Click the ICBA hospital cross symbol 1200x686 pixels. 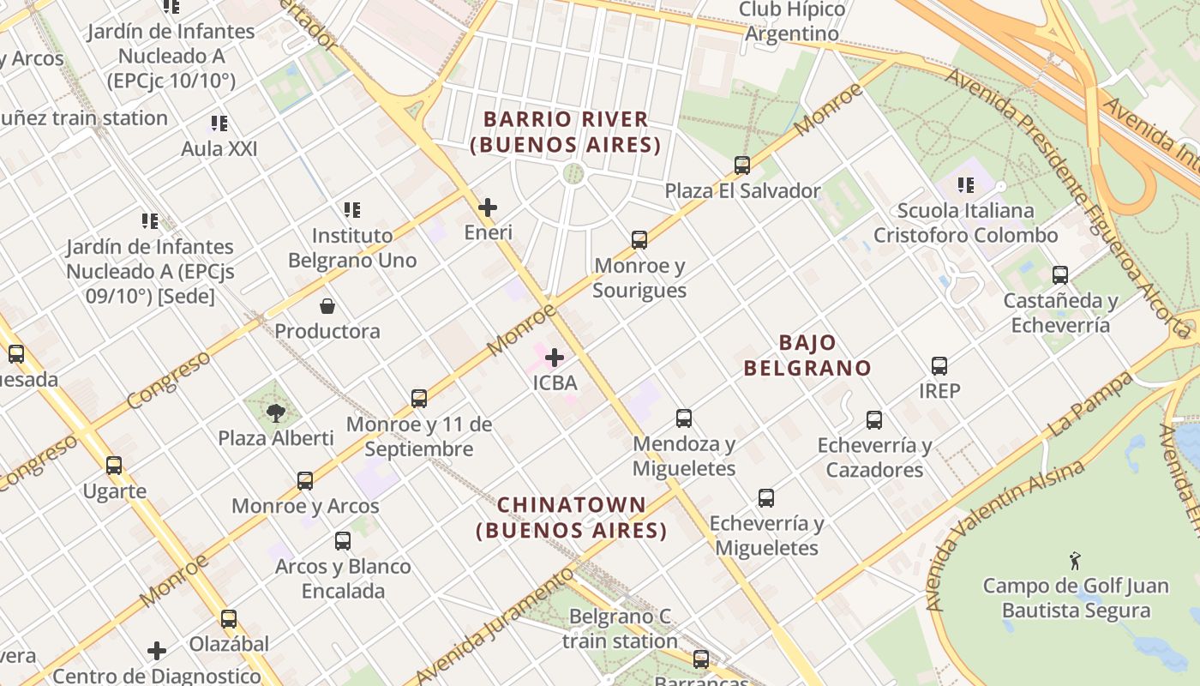(x=555, y=357)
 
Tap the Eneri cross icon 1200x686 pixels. (x=488, y=207)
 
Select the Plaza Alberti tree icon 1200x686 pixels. (x=275, y=413)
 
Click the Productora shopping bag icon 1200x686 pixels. (x=327, y=306)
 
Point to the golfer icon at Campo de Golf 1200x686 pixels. (x=1075, y=561)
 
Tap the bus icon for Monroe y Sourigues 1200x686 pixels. (x=639, y=240)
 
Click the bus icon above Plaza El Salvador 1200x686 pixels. (x=742, y=165)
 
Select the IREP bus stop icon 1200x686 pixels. (x=939, y=366)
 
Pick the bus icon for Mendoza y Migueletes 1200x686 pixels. (x=683, y=418)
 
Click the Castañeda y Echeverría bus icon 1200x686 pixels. (x=1060, y=275)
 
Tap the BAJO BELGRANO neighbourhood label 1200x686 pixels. (x=807, y=355)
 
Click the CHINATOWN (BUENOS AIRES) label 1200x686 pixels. (x=572, y=517)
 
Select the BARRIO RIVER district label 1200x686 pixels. (x=566, y=132)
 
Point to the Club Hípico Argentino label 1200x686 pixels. (x=791, y=22)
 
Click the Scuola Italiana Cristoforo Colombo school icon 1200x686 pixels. (x=966, y=184)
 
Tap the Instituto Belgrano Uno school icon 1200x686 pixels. (x=351, y=209)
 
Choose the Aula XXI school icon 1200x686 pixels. (x=219, y=123)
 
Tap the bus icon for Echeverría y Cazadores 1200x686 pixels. (x=874, y=420)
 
